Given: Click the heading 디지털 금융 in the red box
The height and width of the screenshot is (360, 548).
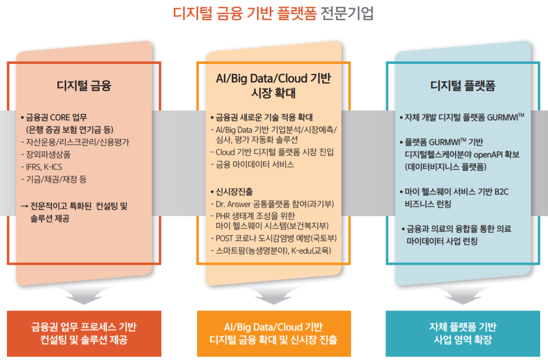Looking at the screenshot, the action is pyautogui.click(x=84, y=85).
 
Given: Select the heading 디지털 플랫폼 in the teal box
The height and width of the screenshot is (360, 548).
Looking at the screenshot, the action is pyautogui.click(x=463, y=85).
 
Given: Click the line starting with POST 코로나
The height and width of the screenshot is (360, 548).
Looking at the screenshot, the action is pyautogui.click(x=270, y=239).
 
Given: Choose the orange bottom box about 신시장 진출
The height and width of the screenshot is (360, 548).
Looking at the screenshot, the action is pyautogui.click(x=274, y=333).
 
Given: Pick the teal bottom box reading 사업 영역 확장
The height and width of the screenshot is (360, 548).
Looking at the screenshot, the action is pyautogui.click(x=463, y=333).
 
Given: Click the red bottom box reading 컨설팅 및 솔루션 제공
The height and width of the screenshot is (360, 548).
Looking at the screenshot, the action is pyautogui.click(x=84, y=333).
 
